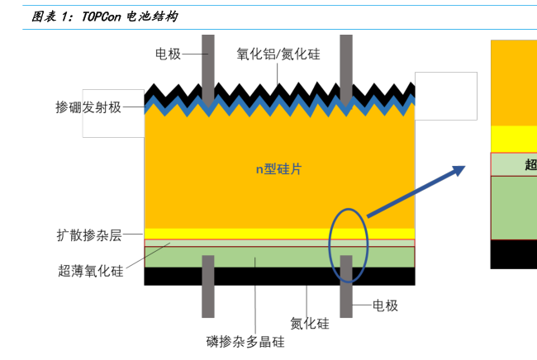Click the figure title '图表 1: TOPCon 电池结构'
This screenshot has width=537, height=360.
104,17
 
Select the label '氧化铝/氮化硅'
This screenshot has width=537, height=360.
278,54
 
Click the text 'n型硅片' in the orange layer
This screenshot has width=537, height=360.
278,169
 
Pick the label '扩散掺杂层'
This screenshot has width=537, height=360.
88,235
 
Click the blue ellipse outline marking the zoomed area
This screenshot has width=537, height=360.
330,239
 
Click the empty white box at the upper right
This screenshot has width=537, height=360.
446,96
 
